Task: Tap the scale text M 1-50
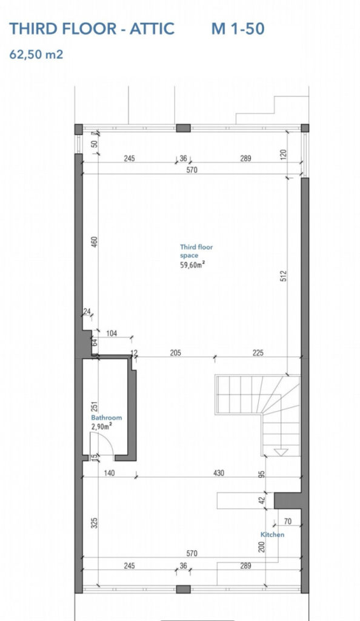[x=238, y=29]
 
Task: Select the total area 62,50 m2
[x=36, y=54]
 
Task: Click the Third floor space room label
[x=196, y=251]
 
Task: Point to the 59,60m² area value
[x=193, y=265]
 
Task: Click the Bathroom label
[x=107, y=417]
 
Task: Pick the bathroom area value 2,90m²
[x=101, y=426]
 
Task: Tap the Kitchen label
[x=272, y=535]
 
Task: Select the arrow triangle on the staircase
[x=281, y=452]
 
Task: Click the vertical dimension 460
[x=94, y=241]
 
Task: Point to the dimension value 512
[x=283, y=276]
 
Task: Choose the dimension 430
[x=218, y=473]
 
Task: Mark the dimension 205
[x=175, y=352]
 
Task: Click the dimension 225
[x=258, y=352]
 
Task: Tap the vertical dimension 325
[x=94, y=523]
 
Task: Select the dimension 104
[x=112, y=334]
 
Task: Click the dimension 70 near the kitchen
[x=288, y=522]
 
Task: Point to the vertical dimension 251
[x=94, y=407]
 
